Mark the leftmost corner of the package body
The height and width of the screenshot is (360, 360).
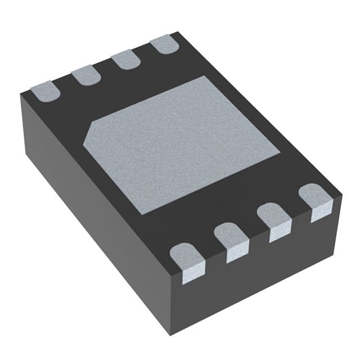pos(20,96)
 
